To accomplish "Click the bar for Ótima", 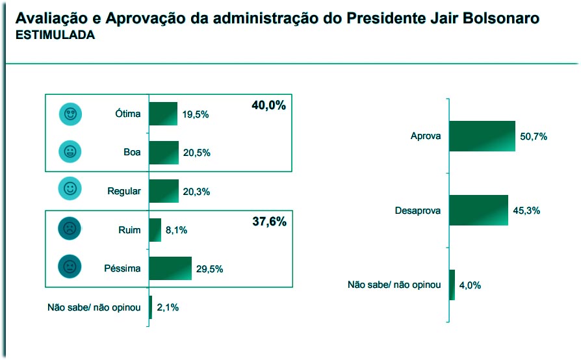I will click(x=163, y=114).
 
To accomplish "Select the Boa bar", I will click(x=164, y=153).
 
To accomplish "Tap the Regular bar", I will click(x=164, y=191).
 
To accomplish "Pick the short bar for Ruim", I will click(x=155, y=230).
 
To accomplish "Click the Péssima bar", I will click(x=170, y=268).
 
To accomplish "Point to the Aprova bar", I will click(x=482, y=136).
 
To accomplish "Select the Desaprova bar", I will click(x=478, y=211).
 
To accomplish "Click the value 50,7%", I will click(x=534, y=136).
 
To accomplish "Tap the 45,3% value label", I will click(x=526, y=211).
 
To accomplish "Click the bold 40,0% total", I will click(x=268, y=105).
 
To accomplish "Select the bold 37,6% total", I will click(x=268, y=222).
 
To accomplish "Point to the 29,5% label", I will click(x=210, y=269).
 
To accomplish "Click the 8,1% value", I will click(x=176, y=230).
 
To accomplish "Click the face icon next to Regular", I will click(x=70, y=189).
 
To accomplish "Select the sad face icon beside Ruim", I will click(x=70, y=229).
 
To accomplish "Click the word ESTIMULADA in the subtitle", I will click(x=55, y=36).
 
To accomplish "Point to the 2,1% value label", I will click(x=168, y=307).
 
